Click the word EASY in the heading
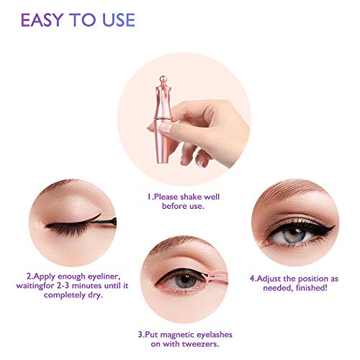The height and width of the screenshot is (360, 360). (42, 20)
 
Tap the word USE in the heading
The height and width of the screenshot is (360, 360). (119, 20)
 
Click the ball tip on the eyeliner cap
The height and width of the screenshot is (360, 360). (163, 79)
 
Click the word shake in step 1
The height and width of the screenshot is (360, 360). (191, 197)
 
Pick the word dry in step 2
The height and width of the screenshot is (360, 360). (95, 295)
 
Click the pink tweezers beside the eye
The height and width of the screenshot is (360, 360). (215, 275)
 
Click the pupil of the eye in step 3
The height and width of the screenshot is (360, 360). (185, 279)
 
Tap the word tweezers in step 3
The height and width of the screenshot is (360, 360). (200, 344)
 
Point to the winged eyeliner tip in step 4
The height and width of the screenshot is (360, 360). (333, 227)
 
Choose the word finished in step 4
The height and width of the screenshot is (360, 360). (312, 287)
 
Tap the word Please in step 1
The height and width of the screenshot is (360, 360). (166, 197)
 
